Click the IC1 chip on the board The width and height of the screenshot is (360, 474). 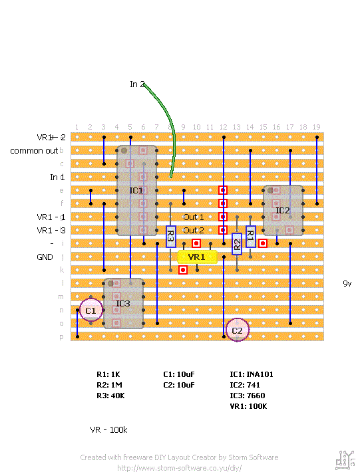136,191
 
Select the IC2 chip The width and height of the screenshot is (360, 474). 283,210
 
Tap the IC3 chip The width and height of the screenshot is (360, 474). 123,304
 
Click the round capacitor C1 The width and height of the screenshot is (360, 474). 90,310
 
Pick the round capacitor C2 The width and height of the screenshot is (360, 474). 238,330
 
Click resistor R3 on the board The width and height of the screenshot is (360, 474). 170,236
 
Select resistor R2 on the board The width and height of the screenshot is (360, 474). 236,243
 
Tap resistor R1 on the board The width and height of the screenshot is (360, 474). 250,234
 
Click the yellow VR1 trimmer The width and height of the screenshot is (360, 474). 197,257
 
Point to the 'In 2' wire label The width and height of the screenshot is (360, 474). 137,84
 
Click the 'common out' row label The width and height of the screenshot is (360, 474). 34,151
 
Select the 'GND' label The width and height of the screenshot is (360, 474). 45,257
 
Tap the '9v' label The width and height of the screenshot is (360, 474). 347,283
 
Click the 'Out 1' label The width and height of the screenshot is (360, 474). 194,217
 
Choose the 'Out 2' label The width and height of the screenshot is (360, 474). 194,230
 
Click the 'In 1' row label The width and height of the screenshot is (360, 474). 57,178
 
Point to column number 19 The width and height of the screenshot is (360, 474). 316,127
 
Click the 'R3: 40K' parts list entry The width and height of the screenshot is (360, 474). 110,396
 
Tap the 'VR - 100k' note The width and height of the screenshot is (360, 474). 108,430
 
